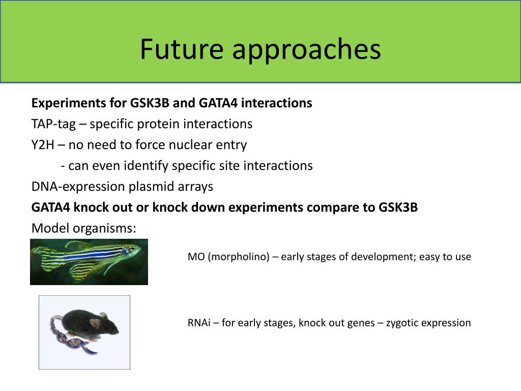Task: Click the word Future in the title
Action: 182,49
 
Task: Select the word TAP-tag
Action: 53,124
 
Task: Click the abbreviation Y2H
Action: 43,145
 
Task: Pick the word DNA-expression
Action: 78,186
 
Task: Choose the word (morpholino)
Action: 239,257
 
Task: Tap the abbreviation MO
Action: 196,257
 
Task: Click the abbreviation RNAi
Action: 199,322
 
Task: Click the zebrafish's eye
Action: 133,248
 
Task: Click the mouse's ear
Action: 95,322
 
